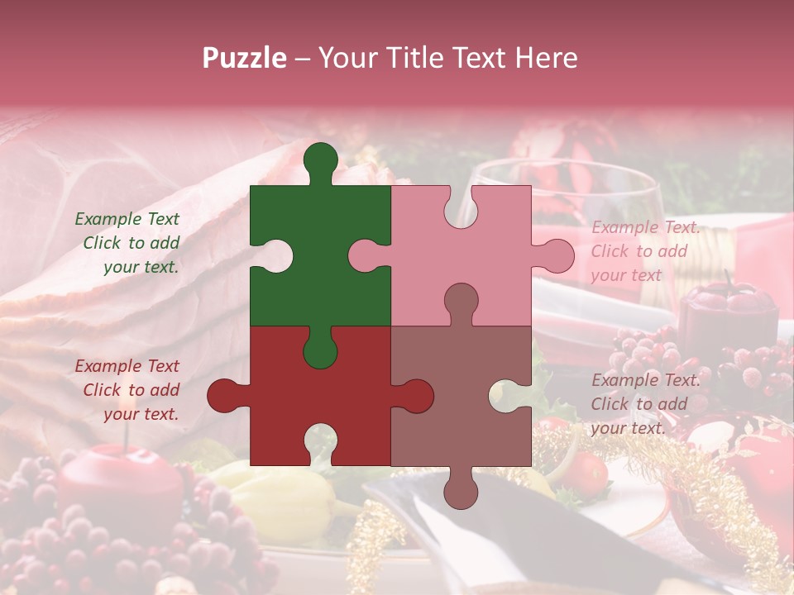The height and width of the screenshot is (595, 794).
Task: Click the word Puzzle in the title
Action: click(x=245, y=58)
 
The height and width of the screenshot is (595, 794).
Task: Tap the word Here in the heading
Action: click(x=546, y=58)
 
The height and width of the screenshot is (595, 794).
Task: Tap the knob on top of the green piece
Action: click(x=320, y=159)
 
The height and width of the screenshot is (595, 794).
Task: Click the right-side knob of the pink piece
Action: click(x=556, y=256)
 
